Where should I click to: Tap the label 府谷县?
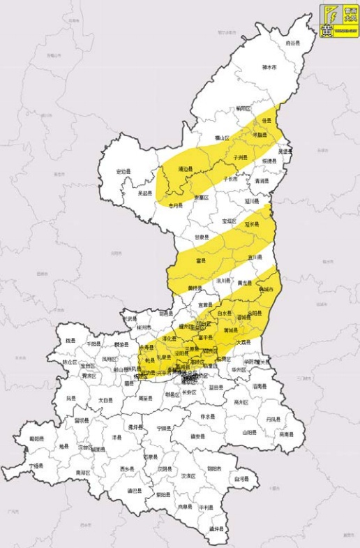[x=293, y=43]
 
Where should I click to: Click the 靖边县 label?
[x=186, y=169]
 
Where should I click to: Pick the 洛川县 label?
[x=223, y=280]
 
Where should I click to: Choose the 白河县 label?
[x=241, y=479]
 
